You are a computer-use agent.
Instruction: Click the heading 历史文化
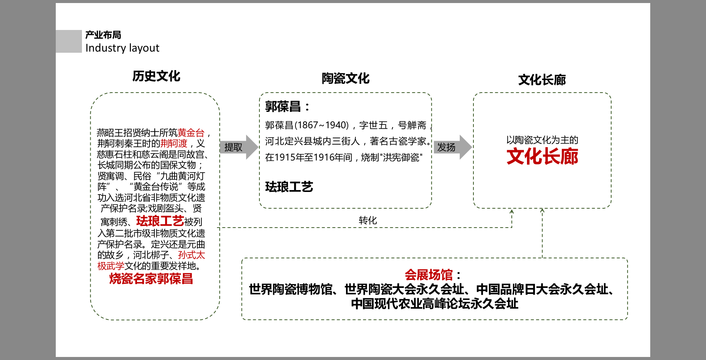coord(156,76)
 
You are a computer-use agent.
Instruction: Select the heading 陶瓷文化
coord(346,79)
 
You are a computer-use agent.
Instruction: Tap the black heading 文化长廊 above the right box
coord(542,80)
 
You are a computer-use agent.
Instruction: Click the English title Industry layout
coord(122,48)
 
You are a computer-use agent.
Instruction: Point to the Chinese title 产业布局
coord(103,35)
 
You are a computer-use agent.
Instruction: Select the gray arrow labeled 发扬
coord(453,147)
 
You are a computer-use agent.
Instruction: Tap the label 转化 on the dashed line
coord(368,220)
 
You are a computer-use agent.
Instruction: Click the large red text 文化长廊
coord(542,157)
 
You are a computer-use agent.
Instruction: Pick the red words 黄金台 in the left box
coord(191,133)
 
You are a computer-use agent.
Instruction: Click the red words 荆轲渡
coord(174,143)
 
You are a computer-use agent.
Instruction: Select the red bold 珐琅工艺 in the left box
coord(160,221)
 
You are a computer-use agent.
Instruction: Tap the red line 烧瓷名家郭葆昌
coord(151,279)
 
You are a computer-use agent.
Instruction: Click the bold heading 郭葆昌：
coord(287,107)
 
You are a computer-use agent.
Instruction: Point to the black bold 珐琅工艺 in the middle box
coord(289,187)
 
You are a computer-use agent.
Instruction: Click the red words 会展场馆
coord(429,275)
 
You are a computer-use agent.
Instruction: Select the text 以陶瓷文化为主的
coord(542,140)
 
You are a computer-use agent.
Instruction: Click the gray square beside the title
coord(69,41)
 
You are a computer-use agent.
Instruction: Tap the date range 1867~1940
coord(322,125)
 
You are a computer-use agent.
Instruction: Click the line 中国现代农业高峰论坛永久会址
coord(435,304)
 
